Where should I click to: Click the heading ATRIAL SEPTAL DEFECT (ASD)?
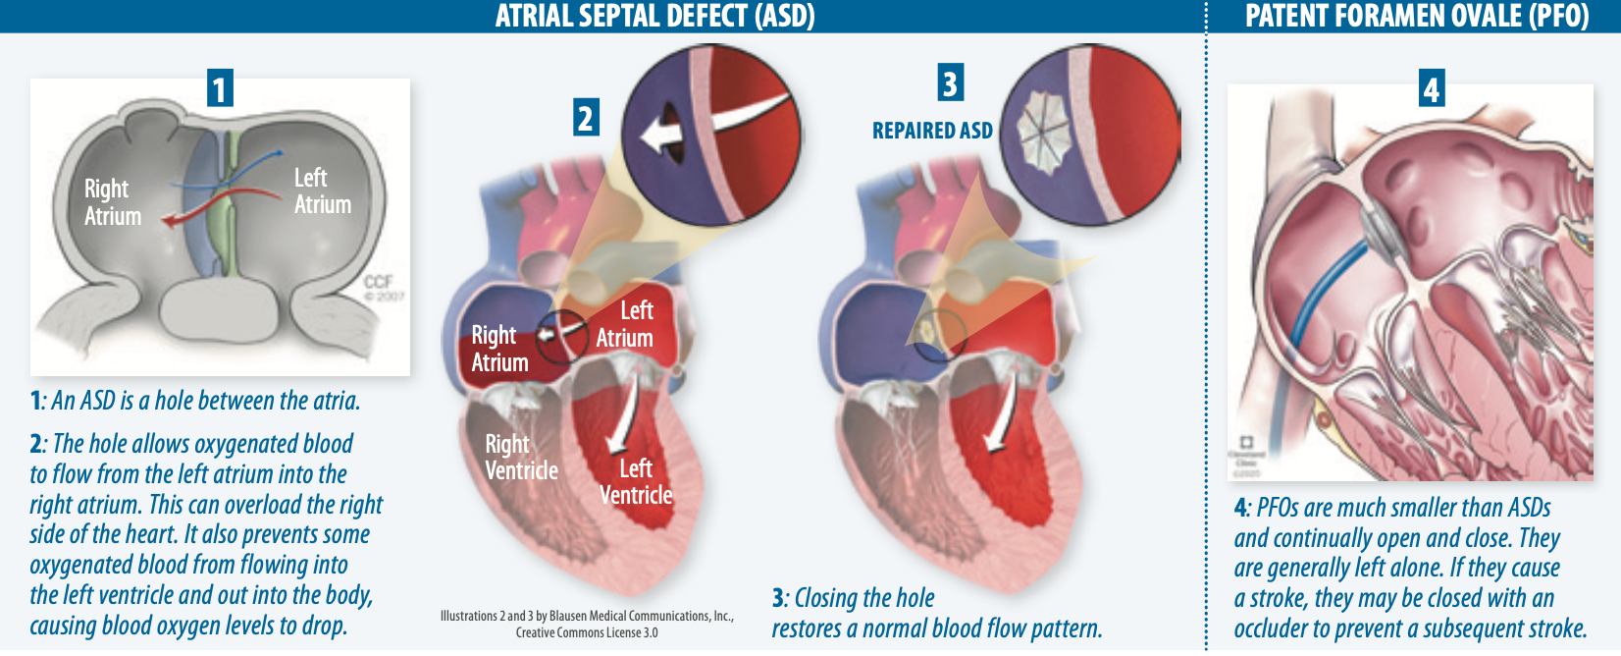(654, 17)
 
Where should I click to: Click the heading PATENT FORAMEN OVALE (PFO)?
(1416, 17)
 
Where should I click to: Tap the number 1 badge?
(220, 88)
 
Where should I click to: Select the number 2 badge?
(586, 118)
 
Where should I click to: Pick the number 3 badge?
(950, 83)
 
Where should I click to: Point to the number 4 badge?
(1432, 89)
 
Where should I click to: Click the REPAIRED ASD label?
(932, 131)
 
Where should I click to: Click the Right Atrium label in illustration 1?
(112, 202)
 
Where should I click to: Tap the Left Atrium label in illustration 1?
(322, 191)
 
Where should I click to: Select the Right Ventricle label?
(521, 458)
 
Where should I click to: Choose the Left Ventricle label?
(636, 481)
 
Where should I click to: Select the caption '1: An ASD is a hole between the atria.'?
(195, 401)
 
